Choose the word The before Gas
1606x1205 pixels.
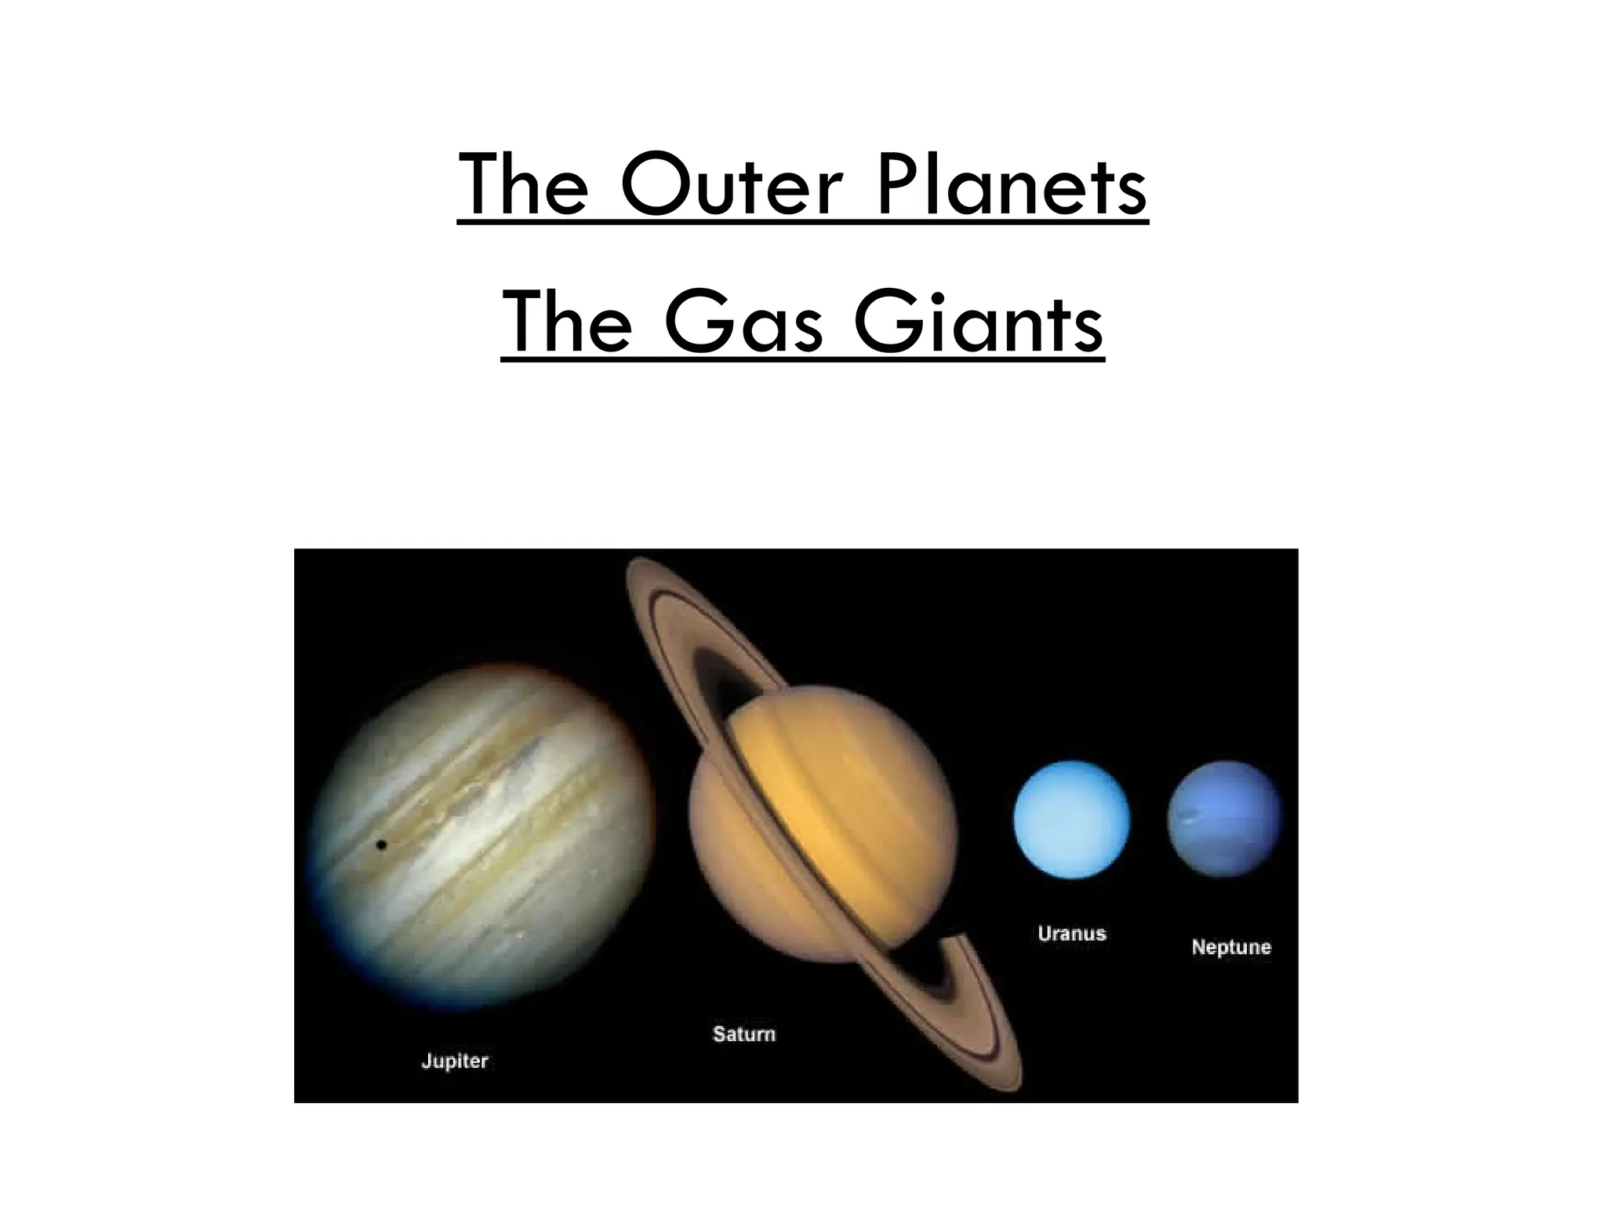(x=566, y=323)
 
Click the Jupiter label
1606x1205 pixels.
(x=455, y=1062)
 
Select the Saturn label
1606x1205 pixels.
(x=743, y=1034)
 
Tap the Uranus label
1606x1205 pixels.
(x=1071, y=934)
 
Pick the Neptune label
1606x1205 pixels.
(x=1230, y=947)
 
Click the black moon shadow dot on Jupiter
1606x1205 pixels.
(x=382, y=845)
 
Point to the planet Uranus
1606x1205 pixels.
(x=1071, y=819)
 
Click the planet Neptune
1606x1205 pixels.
(x=1224, y=819)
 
